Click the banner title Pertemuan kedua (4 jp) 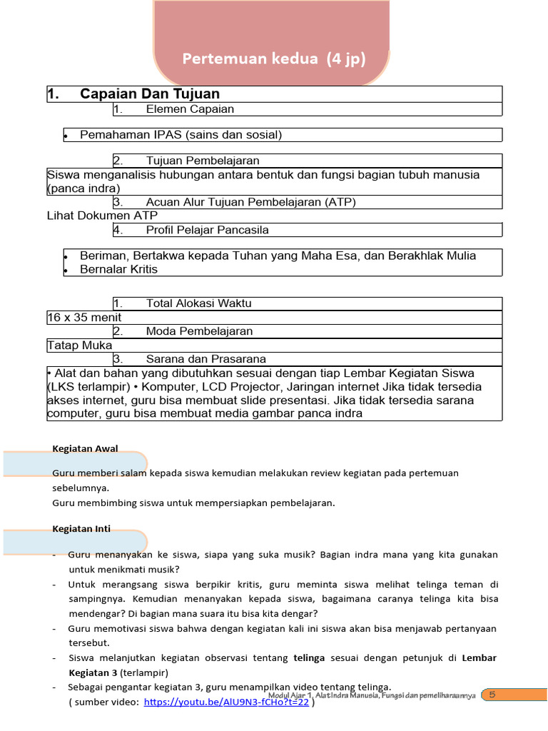coord(274,59)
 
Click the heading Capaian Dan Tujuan coord(150,94)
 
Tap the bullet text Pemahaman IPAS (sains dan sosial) coord(181,135)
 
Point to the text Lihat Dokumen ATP coord(102,216)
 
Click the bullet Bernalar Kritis coord(118,269)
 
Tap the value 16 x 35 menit coord(84,318)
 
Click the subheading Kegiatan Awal coord(85,449)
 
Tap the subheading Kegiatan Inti coord(81,529)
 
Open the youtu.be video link coord(226,702)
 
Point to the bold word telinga coord(309,657)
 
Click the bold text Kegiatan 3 coord(93,672)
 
